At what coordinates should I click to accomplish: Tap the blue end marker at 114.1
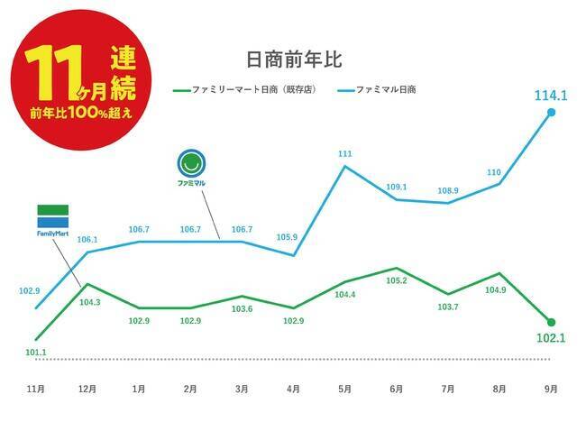coord(551,113)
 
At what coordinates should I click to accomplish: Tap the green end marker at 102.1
coord(551,322)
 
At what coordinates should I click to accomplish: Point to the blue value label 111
coord(345,154)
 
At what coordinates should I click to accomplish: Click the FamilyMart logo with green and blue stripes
coord(52,218)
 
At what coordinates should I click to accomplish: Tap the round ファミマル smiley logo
coord(191,164)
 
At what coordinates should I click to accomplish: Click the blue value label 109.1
coord(397,187)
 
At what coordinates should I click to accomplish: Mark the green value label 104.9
coord(499,290)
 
